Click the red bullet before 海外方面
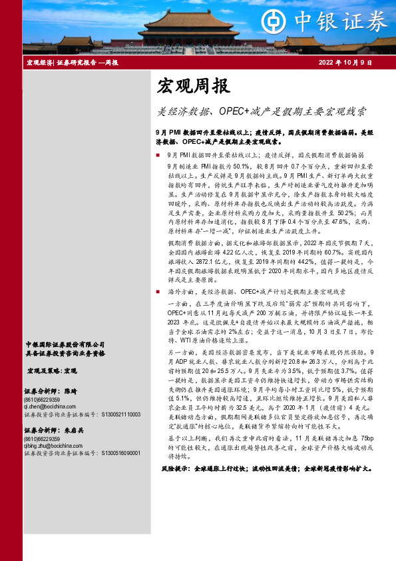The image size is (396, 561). (157, 292)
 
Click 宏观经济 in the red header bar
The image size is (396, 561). (39, 63)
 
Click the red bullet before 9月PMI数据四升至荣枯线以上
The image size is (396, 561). (157, 155)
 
